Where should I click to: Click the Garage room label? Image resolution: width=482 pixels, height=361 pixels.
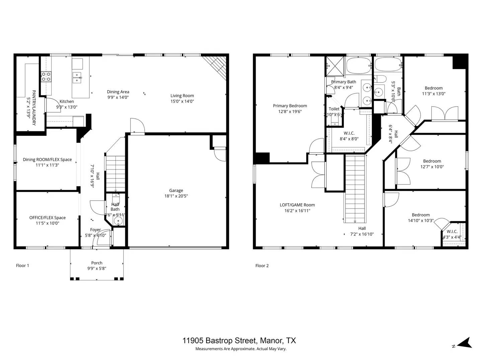[176, 191]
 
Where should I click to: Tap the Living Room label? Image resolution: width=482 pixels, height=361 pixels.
[182, 96]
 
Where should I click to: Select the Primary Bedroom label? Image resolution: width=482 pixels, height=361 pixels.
[290, 106]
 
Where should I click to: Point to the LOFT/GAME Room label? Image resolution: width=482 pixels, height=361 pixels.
[297, 205]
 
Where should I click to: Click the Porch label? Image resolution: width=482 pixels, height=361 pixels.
[97, 263]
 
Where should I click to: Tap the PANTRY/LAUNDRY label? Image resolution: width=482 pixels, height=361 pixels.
[34, 107]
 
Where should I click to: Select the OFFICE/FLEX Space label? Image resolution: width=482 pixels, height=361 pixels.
[47, 218]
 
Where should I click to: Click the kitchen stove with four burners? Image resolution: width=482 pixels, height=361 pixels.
[46, 77]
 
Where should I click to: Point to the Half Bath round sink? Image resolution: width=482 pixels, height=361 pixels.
[118, 221]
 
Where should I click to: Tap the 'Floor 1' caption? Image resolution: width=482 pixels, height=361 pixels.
[22, 266]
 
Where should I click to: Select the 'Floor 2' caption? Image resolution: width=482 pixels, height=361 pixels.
[262, 266]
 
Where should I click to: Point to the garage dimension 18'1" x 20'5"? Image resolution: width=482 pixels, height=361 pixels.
[176, 196]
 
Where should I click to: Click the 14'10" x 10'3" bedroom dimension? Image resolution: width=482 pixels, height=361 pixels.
[420, 221]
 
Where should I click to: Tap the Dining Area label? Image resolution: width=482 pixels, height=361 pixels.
[118, 92]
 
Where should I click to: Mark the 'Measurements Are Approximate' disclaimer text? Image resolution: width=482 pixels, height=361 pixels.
[241, 349]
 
